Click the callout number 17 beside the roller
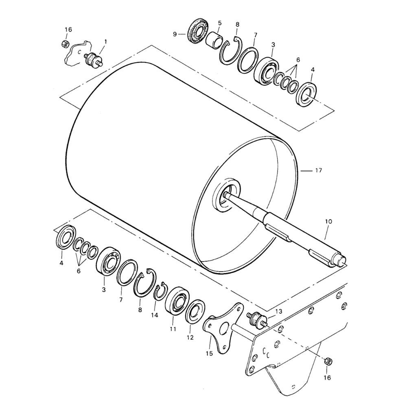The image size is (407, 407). coord(318,171)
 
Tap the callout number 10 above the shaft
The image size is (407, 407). coord(328,221)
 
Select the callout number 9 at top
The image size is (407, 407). coord(175,34)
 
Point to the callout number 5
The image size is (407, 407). coord(220,23)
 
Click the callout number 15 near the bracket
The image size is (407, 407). coord(209,353)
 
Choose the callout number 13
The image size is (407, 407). coord(278,311)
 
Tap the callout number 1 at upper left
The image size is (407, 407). coord(106,41)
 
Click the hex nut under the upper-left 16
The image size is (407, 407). coord(65,44)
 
